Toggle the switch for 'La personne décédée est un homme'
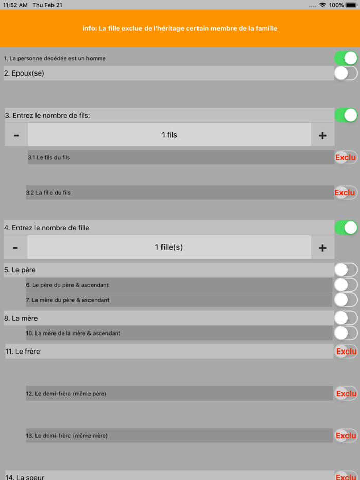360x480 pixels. pyautogui.click(x=346, y=58)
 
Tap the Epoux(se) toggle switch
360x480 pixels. pyautogui.click(x=346, y=73)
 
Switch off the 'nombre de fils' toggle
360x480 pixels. pyautogui.click(x=346, y=115)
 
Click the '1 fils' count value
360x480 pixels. pyautogui.click(x=169, y=135)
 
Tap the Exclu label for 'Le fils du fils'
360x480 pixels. pyautogui.click(x=346, y=157)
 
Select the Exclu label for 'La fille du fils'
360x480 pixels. pyautogui.click(x=345, y=193)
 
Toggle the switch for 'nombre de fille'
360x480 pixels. pyautogui.click(x=346, y=228)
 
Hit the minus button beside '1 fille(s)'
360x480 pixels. pyautogui.click(x=15, y=248)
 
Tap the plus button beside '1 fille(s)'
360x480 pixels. pyautogui.click(x=322, y=248)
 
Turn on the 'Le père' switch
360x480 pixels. pyautogui.click(x=346, y=270)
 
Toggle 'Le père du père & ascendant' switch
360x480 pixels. pyautogui.click(x=346, y=285)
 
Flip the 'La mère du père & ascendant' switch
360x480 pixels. pyautogui.click(x=346, y=300)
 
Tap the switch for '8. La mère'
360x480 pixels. pyautogui.click(x=346, y=318)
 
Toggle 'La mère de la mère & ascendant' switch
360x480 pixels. pyautogui.click(x=346, y=333)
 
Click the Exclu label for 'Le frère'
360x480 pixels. pyautogui.click(x=346, y=352)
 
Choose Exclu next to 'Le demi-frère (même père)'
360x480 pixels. pyautogui.click(x=346, y=394)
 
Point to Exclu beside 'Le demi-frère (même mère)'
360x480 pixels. pyautogui.click(x=346, y=436)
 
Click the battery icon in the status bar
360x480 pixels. pyautogui.click(x=352, y=5)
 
